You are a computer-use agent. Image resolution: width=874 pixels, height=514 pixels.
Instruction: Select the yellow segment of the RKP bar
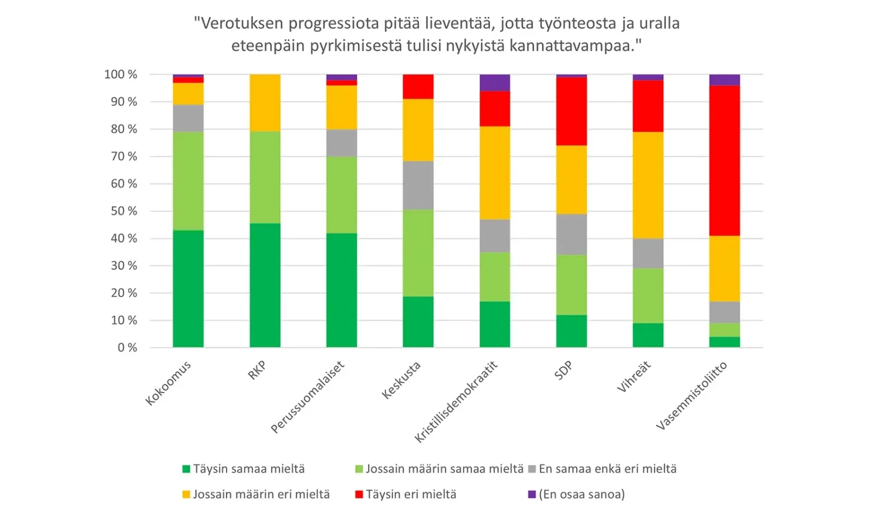[265, 103]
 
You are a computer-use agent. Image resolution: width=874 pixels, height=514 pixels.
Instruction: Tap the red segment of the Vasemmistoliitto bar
[724, 161]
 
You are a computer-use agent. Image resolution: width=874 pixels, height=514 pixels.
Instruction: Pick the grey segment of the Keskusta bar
[418, 185]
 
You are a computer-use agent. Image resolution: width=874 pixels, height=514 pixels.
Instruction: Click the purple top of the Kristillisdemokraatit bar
[495, 82]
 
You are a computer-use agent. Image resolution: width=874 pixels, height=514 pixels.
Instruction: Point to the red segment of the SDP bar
[571, 111]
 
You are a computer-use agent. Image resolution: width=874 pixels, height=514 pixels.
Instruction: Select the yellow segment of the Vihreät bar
[648, 185]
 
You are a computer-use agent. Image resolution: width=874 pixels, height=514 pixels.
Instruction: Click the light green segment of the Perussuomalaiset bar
[341, 195]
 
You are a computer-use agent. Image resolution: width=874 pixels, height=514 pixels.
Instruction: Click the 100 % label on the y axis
[121, 74]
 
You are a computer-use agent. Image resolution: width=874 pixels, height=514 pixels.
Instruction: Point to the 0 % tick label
[127, 348]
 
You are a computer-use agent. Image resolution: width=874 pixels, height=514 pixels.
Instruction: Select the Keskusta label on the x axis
[401, 381]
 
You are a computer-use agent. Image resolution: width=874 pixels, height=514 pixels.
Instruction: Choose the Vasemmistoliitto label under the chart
[692, 396]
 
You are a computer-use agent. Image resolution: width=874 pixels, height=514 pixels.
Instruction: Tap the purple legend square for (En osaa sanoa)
[532, 494]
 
